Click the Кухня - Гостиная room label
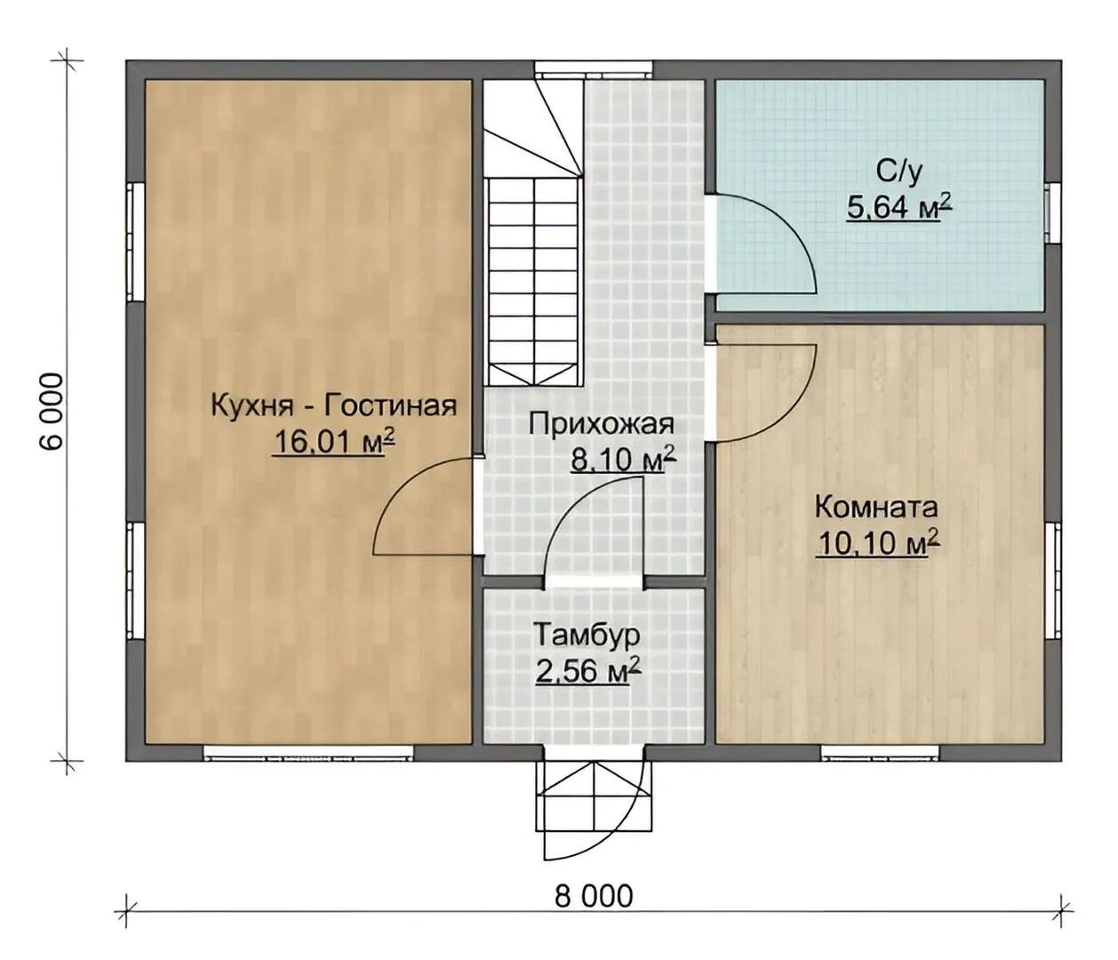point(334,407)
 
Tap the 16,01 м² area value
point(335,442)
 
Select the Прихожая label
point(602,426)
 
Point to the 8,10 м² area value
point(623,460)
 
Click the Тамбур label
point(587,635)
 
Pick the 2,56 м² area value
point(588,672)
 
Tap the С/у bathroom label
point(899,172)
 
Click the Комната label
point(876,508)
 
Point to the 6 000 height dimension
point(52,411)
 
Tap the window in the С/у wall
point(1049,212)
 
